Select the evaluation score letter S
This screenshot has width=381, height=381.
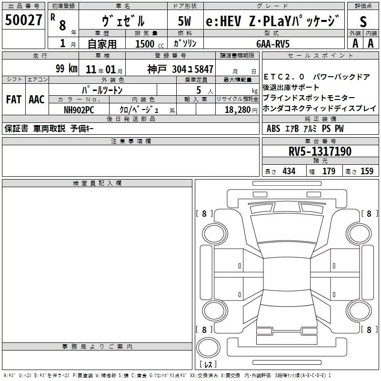point(363,21)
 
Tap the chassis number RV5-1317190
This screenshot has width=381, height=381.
point(321,151)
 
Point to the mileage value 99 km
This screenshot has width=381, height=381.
point(66,69)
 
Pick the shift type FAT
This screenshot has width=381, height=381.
point(13,100)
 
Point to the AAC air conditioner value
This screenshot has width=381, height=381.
point(36,100)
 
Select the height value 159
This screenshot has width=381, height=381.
point(367,171)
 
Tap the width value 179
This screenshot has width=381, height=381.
point(329,171)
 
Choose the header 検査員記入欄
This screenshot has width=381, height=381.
point(97,183)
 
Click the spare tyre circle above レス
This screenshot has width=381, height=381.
point(208,348)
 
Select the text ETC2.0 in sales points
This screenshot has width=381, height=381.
point(284,77)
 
